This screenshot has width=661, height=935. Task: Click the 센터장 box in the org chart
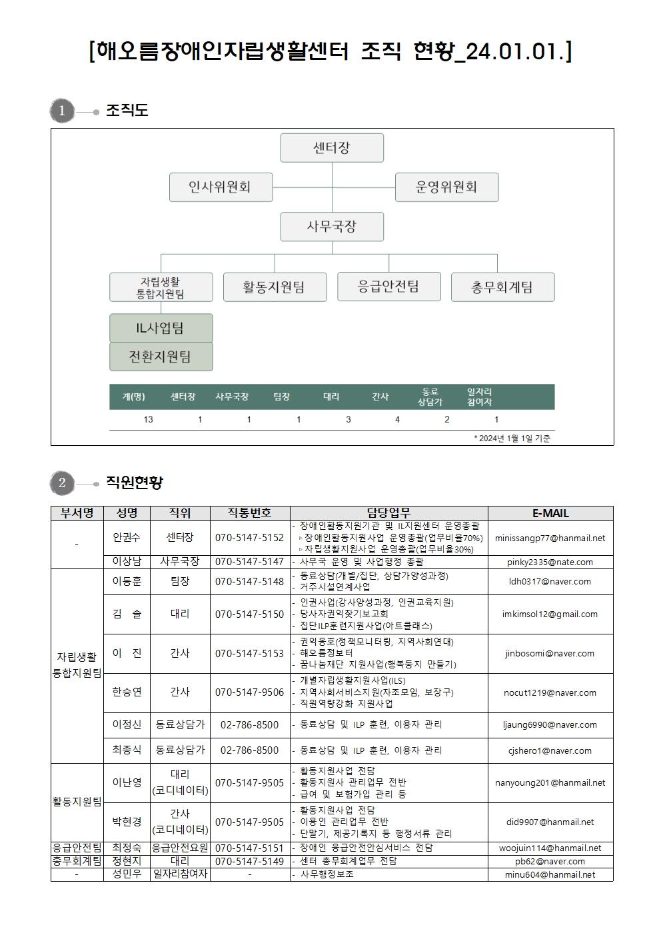(332, 148)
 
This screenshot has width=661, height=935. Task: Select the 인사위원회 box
(221, 187)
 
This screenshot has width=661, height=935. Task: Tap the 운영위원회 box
(446, 187)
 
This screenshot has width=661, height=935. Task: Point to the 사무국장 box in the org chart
(332, 227)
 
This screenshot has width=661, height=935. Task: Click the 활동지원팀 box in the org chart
(275, 287)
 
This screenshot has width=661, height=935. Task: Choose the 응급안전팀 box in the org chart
(388, 287)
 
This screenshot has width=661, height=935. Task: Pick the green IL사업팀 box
(161, 328)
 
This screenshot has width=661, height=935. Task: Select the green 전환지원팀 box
(161, 357)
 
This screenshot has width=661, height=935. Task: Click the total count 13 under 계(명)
(148, 419)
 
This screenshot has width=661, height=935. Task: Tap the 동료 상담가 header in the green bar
(430, 397)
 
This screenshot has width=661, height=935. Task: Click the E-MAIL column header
(550, 513)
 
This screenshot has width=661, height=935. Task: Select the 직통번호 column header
(250, 513)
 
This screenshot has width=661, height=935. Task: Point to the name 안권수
(127, 537)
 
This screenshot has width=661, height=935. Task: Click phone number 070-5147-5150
(249, 614)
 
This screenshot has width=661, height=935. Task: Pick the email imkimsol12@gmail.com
(550, 614)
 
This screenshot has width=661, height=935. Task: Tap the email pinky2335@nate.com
(550, 562)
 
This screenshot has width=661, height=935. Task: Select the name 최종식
(127, 750)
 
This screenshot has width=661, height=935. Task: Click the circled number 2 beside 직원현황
(62, 482)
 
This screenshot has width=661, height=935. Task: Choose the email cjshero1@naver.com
(550, 750)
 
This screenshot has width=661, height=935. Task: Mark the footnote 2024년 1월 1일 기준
(512, 438)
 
